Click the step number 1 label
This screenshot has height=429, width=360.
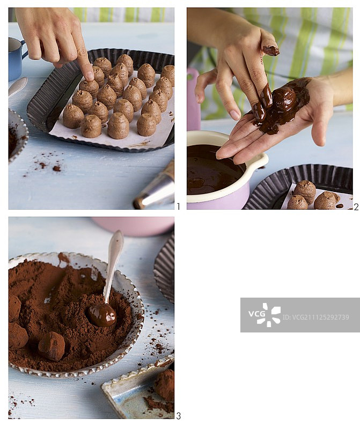coord(179,206)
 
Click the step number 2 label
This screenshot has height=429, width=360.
coord(356,207)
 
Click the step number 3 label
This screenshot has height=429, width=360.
coord(178,416)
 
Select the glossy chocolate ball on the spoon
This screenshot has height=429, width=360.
coord(102,315)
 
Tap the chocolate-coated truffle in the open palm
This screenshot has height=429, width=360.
coord(285,99)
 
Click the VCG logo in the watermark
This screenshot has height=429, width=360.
coord(265,315)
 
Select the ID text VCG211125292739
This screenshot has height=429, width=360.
coord(316,317)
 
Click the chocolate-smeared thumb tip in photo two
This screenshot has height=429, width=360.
coord(271,50)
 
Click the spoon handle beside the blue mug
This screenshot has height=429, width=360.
coord(18,86)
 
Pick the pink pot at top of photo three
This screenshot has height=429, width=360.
coord(133,226)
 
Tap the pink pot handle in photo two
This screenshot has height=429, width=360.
coord(193,99)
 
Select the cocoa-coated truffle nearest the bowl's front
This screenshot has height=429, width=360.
coord(52,346)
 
